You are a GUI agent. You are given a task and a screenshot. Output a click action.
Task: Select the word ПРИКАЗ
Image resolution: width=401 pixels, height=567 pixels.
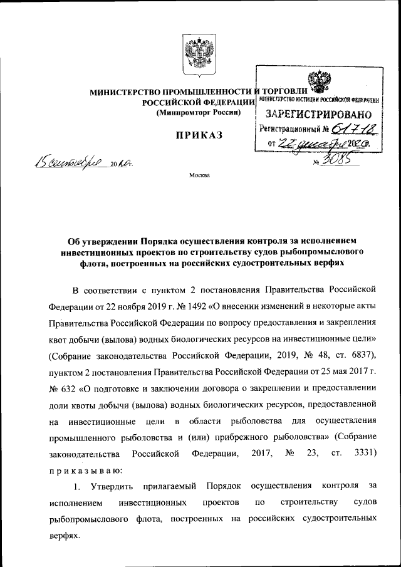[200, 137]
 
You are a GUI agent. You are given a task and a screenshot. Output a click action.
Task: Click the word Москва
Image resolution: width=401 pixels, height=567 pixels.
[200, 175]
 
